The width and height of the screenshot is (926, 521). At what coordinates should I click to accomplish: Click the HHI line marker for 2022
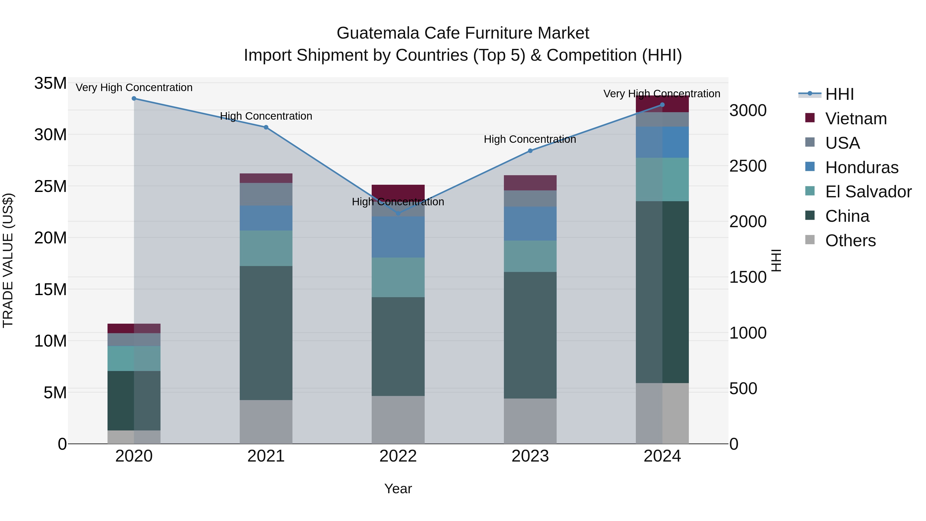398,214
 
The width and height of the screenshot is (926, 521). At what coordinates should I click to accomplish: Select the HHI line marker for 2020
134,99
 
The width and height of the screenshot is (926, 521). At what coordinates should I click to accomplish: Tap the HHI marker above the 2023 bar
530,151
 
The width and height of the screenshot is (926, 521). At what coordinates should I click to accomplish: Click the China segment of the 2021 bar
266,333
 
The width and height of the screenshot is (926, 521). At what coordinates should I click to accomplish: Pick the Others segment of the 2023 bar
530,421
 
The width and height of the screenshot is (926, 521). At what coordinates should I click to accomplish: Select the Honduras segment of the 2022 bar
398,237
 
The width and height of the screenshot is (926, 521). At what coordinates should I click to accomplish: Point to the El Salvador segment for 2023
530,256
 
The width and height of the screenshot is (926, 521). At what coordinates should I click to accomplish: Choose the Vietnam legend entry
856,119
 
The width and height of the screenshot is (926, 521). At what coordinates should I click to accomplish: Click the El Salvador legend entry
868,192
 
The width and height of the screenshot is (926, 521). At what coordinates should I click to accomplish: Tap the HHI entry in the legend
839,94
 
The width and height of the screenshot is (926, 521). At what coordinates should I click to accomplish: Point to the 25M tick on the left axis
50,186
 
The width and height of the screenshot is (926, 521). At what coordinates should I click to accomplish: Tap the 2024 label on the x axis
662,456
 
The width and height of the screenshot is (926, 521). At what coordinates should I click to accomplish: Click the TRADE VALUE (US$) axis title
8,260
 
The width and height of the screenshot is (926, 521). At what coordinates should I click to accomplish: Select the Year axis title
398,489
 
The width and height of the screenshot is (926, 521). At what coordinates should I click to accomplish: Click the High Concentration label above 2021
266,116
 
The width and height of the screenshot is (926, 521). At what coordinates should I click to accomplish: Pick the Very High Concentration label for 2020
134,88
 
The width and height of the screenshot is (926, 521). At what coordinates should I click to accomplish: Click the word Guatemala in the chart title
378,33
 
